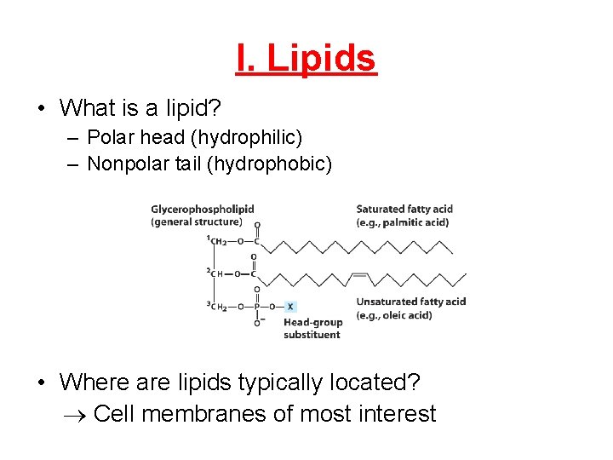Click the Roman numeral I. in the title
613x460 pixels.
pyautogui.click(x=248, y=59)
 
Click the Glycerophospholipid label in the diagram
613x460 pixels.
pyautogui.click(x=203, y=209)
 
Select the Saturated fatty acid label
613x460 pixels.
pyautogui.click(x=404, y=209)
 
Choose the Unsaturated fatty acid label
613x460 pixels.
pyautogui.click(x=410, y=302)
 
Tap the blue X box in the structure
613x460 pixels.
pyautogui.click(x=291, y=307)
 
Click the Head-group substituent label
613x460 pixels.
pyautogui.click(x=312, y=328)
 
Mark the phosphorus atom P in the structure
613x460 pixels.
pyautogui.click(x=257, y=307)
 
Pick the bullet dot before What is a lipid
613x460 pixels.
pyautogui.click(x=41, y=109)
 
